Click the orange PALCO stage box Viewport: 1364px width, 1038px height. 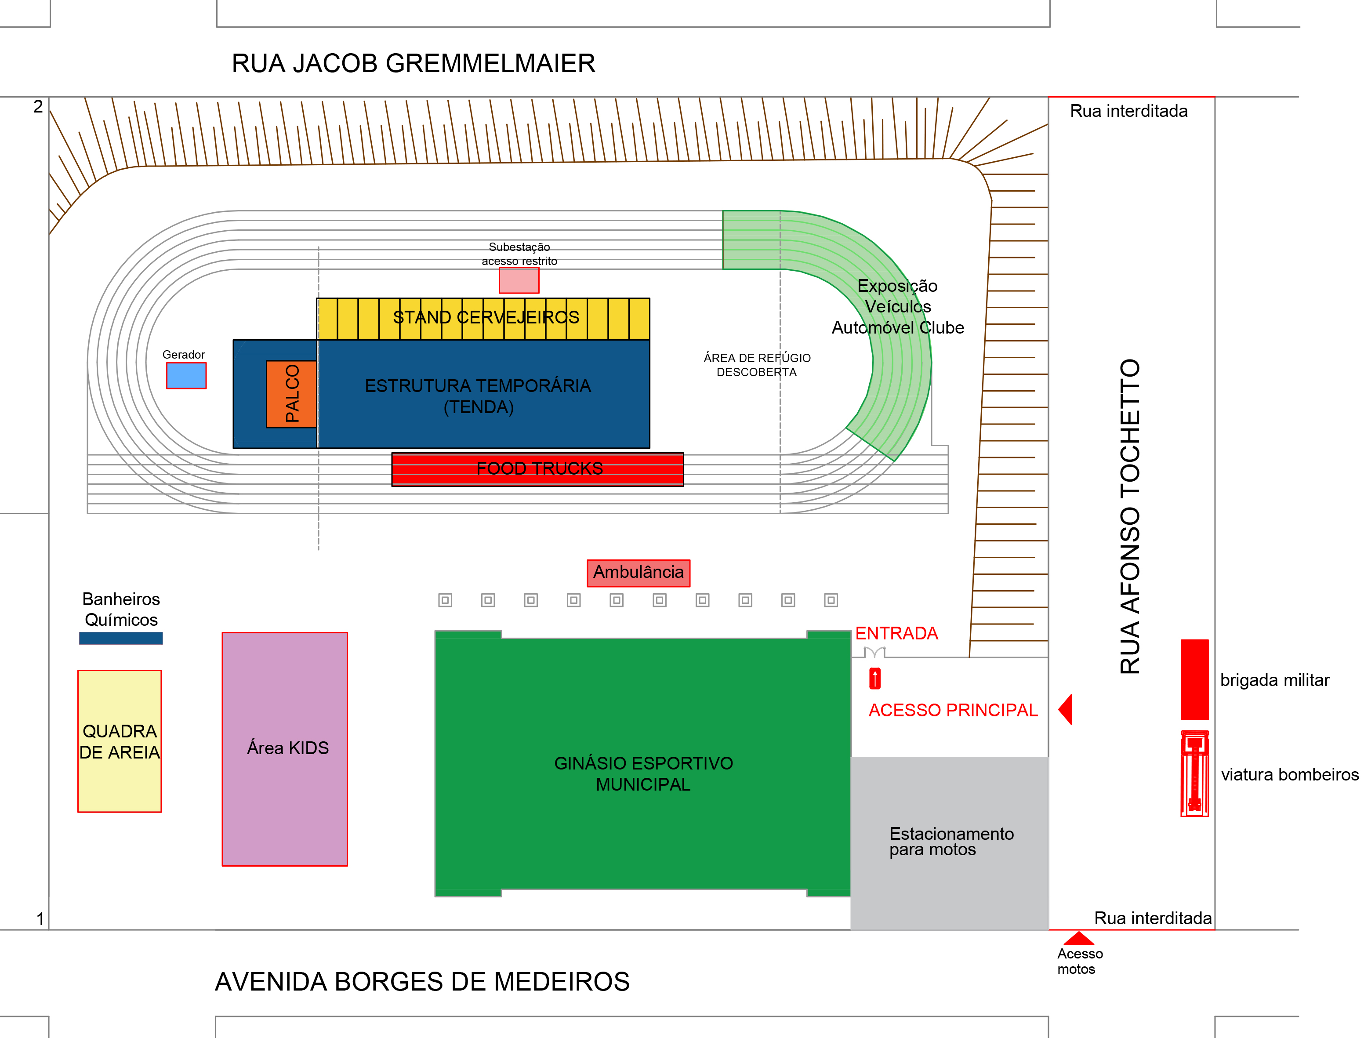pos(292,394)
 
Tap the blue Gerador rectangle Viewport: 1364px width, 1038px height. pos(186,375)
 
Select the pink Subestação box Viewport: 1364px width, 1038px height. pos(519,280)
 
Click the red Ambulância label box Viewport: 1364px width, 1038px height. pos(638,573)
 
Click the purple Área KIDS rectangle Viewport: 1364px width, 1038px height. pos(285,749)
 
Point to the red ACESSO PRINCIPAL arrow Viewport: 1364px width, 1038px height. pos(1066,709)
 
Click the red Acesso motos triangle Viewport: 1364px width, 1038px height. pos(1079,939)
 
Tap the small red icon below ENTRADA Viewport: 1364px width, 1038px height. pos(875,678)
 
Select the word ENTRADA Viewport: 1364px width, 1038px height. pos(896,633)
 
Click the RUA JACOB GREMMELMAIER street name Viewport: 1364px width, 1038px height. pos(413,64)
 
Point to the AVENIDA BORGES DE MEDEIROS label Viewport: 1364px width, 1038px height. pos(422,982)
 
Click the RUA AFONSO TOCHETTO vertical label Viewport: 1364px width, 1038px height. pos(1130,516)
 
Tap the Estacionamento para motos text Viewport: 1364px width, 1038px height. pos(951,842)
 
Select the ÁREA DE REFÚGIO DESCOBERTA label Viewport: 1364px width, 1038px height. pos(757,365)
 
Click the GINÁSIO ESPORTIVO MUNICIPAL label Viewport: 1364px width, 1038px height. pos(643,773)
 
